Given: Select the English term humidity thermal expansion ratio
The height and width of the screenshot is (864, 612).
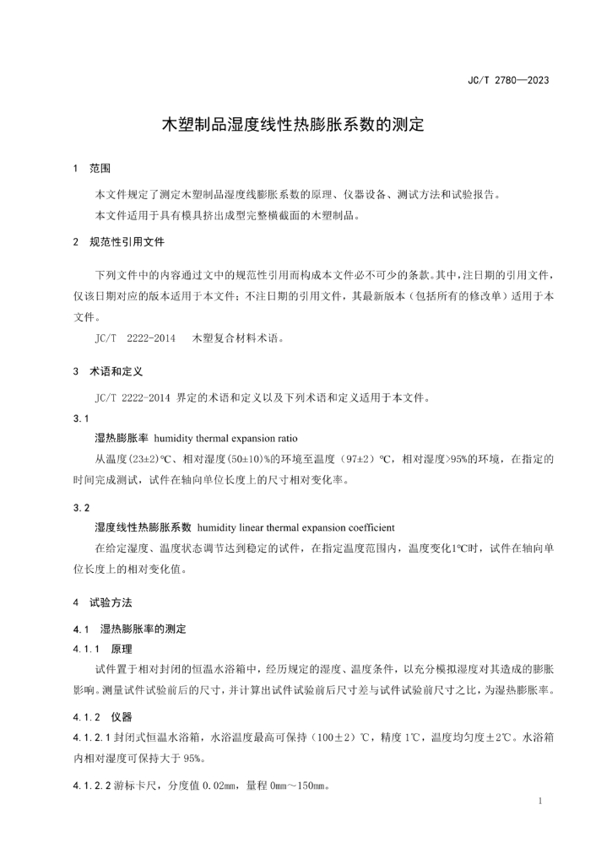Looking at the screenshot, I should click(225, 439).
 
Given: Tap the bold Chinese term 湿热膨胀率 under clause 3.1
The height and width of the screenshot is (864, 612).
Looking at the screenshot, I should click(122, 439).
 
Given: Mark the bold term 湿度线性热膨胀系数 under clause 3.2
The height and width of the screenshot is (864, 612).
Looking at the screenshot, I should click(144, 527).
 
